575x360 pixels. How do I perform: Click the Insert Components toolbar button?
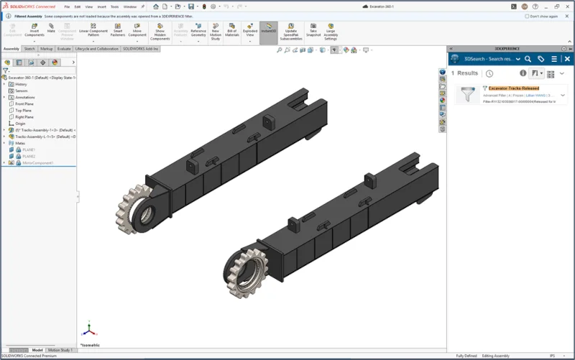tap(34, 31)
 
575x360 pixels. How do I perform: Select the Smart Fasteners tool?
tap(117, 31)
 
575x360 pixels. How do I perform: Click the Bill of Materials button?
tap(232, 31)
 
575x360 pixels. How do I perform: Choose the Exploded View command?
tap(250, 31)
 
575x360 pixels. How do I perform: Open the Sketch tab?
tap(29, 49)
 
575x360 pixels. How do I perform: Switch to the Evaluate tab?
tap(64, 49)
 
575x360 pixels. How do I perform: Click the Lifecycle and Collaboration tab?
tap(97, 49)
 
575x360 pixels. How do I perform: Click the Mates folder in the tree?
tap(20, 143)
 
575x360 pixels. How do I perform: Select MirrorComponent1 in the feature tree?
tap(37, 163)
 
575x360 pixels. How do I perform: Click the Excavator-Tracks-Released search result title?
tap(513, 88)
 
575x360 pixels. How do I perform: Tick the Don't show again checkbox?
tap(528, 16)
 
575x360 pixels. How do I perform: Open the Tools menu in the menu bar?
tap(114, 6)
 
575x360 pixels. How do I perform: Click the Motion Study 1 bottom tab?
tap(60, 350)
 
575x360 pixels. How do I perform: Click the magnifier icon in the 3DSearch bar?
tap(528, 59)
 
